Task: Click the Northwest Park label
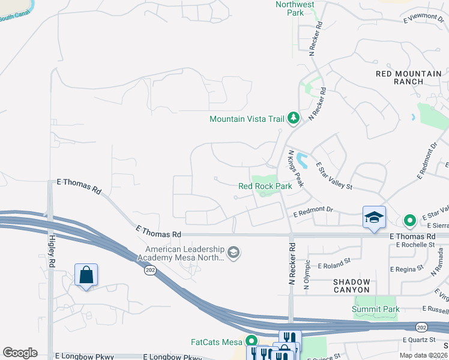pos(295,8)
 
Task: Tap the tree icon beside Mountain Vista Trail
pos(294,118)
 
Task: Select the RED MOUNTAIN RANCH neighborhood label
pos(408,77)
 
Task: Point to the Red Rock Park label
pos(265,186)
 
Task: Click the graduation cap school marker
pos(373,217)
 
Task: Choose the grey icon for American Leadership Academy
pos(234,253)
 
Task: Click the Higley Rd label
pos(52,252)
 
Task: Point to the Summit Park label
pos(376,310)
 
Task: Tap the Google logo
pos(20,353)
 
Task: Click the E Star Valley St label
pos(334,177)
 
